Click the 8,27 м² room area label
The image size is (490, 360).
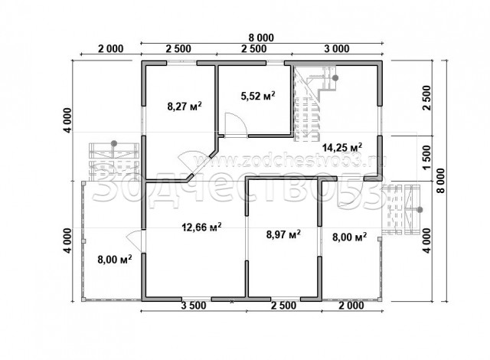coord(185,106)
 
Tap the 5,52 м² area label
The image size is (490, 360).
coord(258,96)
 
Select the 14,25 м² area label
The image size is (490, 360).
coord(342,147)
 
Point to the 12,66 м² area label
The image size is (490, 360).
coord(202,227)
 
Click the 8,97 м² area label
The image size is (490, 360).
coord(283,234)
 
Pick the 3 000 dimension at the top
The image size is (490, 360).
coord(337,49)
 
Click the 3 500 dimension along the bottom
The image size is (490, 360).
coord(194,306)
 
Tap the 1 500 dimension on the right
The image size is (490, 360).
coord(426,158)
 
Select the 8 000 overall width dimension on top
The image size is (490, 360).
coord(261,38)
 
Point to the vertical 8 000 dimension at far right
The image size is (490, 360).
coord(441,181)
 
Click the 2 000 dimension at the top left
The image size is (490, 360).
coord(111,49)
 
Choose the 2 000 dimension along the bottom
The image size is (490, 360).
coord(351,306)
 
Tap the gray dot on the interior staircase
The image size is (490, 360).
coord(335,78)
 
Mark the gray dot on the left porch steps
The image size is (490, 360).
coord(114,143)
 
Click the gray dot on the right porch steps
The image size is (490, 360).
coord(420,210)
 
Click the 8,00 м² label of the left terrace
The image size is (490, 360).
coord(114,259)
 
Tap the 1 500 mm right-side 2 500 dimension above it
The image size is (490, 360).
coord(426,97)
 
